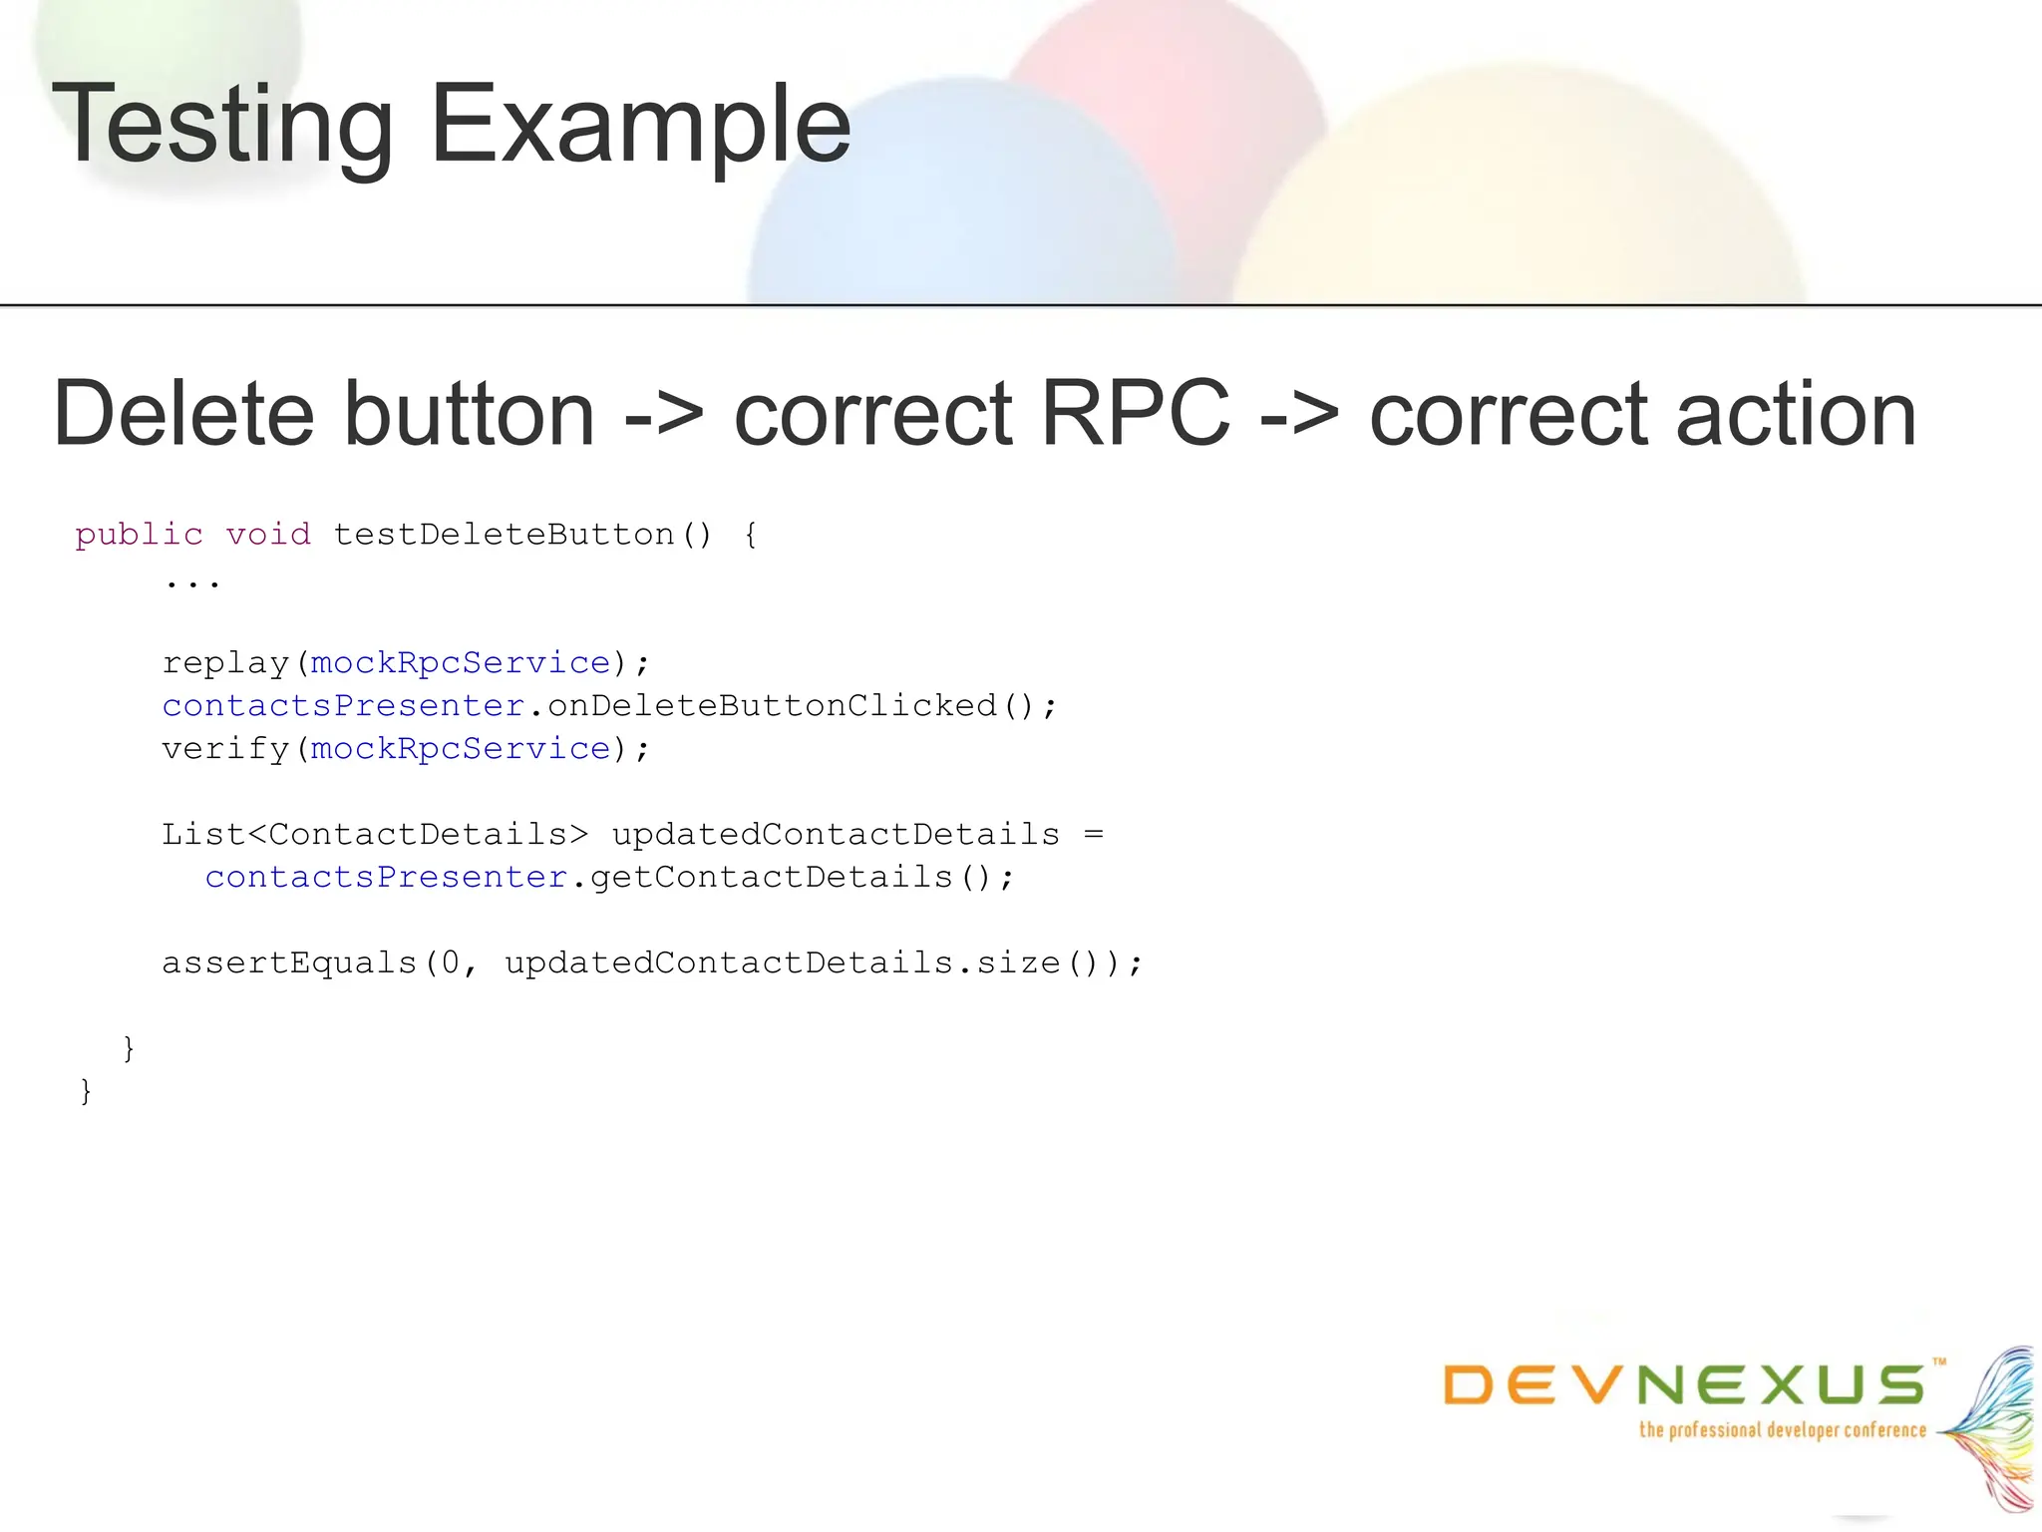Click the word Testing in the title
coord(222,126)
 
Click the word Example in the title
coord(640,126)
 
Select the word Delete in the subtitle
coord(184,413)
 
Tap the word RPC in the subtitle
coord(1135,413)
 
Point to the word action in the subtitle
coord(1795,413)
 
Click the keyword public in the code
coord(139,535)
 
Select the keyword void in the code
coord(268,535)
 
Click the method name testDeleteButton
coord(504,535)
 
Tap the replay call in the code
coord(225,663)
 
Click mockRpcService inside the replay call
coord(461,663)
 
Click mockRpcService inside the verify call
coord(461,749)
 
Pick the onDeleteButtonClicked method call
coord(773,706)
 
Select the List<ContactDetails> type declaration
coord(375,834)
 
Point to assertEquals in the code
coord(289,963)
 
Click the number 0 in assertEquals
coord(451,963)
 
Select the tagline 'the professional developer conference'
coord(1783,1430)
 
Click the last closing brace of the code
coord(86,1091)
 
